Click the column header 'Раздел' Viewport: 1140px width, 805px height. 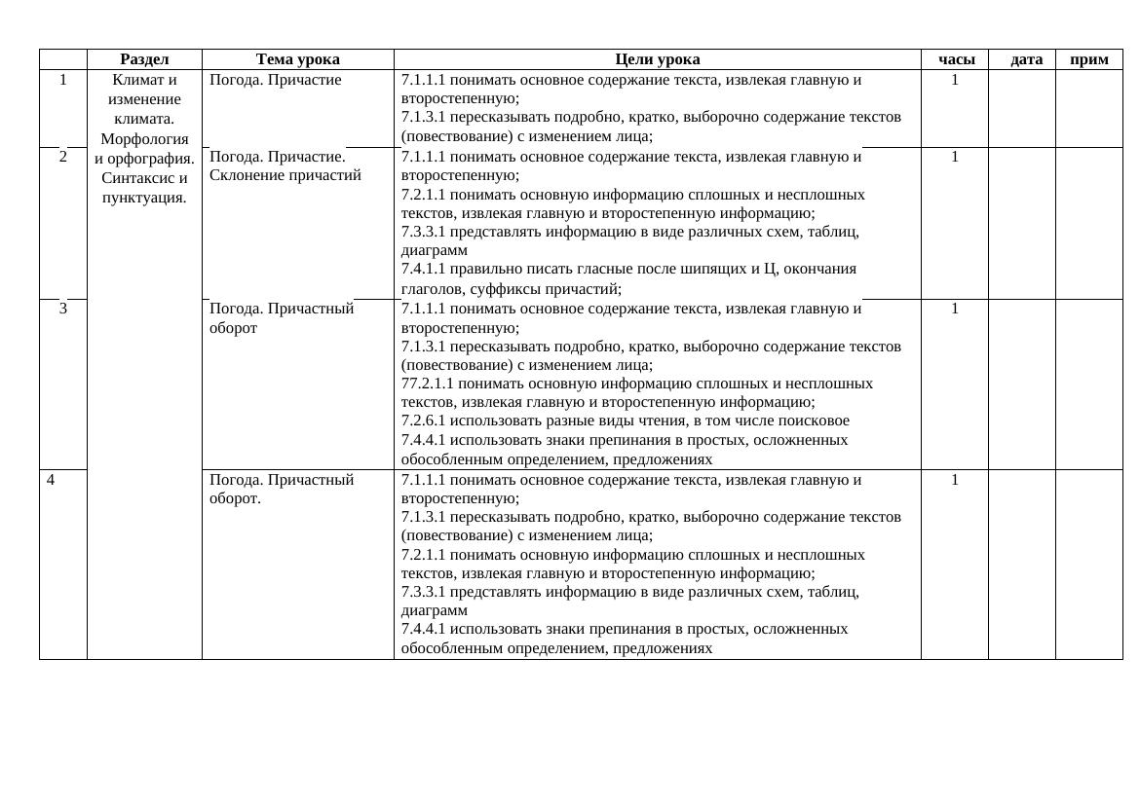144,59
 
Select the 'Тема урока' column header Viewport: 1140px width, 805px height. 298,59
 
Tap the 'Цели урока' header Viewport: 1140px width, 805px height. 657,59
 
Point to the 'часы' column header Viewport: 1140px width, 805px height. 956,59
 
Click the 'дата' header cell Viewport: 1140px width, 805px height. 1026,59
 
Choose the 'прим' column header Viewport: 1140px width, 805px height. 1088,59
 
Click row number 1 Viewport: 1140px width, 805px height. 63,80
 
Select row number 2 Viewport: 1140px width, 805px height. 63,157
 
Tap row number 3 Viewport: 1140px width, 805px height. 63,309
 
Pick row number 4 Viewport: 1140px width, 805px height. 51,480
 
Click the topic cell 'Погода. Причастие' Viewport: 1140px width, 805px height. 276,80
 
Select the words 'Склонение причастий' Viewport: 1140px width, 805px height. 285,175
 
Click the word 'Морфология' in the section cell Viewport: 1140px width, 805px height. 144,138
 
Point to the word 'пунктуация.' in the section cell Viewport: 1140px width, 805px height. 144,198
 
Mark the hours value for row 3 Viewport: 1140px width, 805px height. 955,309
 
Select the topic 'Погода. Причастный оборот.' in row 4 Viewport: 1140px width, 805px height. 282,489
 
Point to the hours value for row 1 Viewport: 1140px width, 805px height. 955,80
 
